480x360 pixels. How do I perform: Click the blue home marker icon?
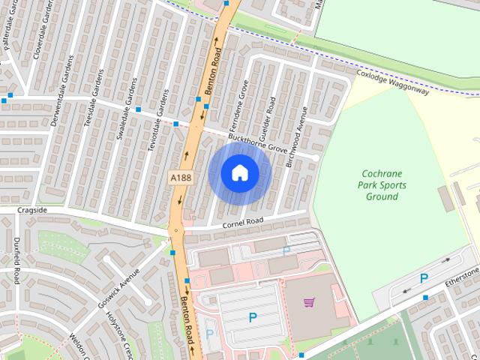pos(239,173)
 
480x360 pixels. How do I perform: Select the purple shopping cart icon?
pos(309,302)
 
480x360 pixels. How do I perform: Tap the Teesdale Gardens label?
pos(95,102)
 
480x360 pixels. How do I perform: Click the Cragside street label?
pos(32,210)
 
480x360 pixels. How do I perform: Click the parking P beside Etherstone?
pos(424,278)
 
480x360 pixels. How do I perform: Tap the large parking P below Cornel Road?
pos(251,318)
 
